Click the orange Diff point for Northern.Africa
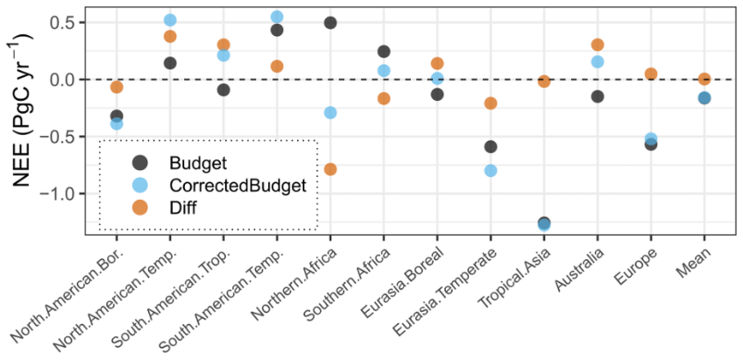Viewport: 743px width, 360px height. pos(330,169)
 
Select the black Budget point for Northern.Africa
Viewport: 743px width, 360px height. pos(330,23)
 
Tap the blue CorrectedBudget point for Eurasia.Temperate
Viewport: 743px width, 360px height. pos(491,170)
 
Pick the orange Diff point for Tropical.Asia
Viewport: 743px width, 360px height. pos(544,81)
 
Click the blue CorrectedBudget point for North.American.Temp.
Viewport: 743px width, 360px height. pos(170,20)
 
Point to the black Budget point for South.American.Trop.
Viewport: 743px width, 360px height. pos(223,90)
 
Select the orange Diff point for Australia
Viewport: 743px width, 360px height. pos(598,45)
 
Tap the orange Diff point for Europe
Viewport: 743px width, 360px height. pos(651,74)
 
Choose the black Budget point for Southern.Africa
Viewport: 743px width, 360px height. pos(384,52)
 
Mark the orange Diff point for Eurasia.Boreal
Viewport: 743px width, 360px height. pos(437,63)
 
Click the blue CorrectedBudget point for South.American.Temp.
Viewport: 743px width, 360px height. pos(277,17)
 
